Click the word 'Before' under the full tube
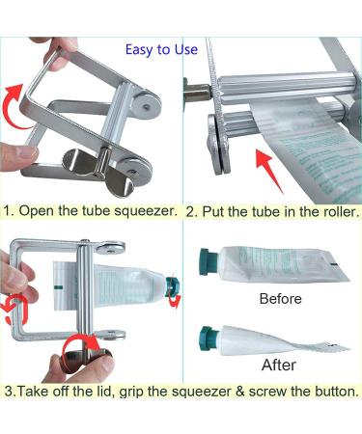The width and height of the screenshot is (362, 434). point(281,298)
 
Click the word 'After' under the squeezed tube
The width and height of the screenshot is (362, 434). point(279,366)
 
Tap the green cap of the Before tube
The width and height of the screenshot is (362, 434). point(207,260)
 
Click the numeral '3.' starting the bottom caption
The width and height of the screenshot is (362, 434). point(10,393)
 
